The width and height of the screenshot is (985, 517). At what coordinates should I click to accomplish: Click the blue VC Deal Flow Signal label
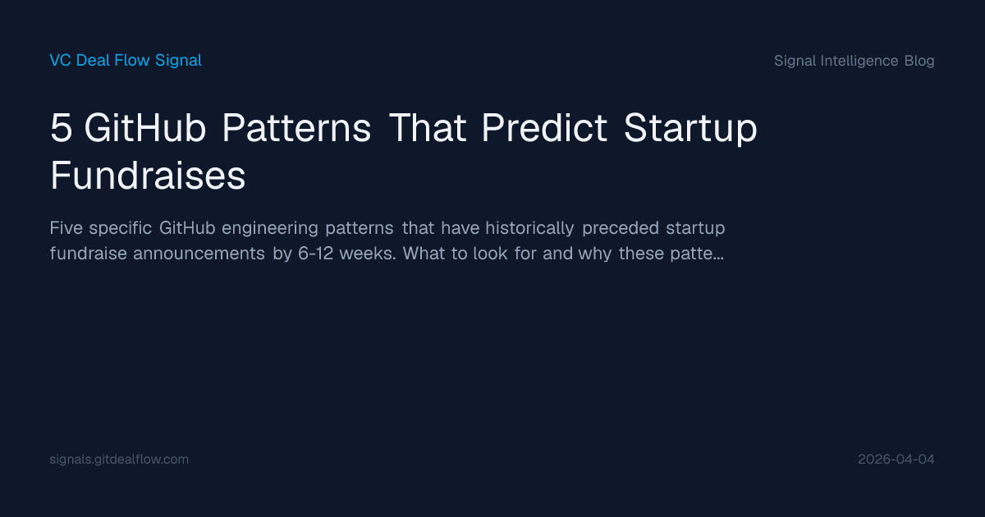[x=126, y=60]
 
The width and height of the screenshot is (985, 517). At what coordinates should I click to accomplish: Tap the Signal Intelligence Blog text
[x=854, y=61]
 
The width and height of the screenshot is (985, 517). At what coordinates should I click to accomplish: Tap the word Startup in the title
[x=690, y=130]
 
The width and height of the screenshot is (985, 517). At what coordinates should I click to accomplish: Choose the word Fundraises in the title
[x=148, y=176]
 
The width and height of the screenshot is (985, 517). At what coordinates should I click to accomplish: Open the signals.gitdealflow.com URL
[x=119, y=460]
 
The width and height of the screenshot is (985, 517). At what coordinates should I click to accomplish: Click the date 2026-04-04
[x=896, y=460]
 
